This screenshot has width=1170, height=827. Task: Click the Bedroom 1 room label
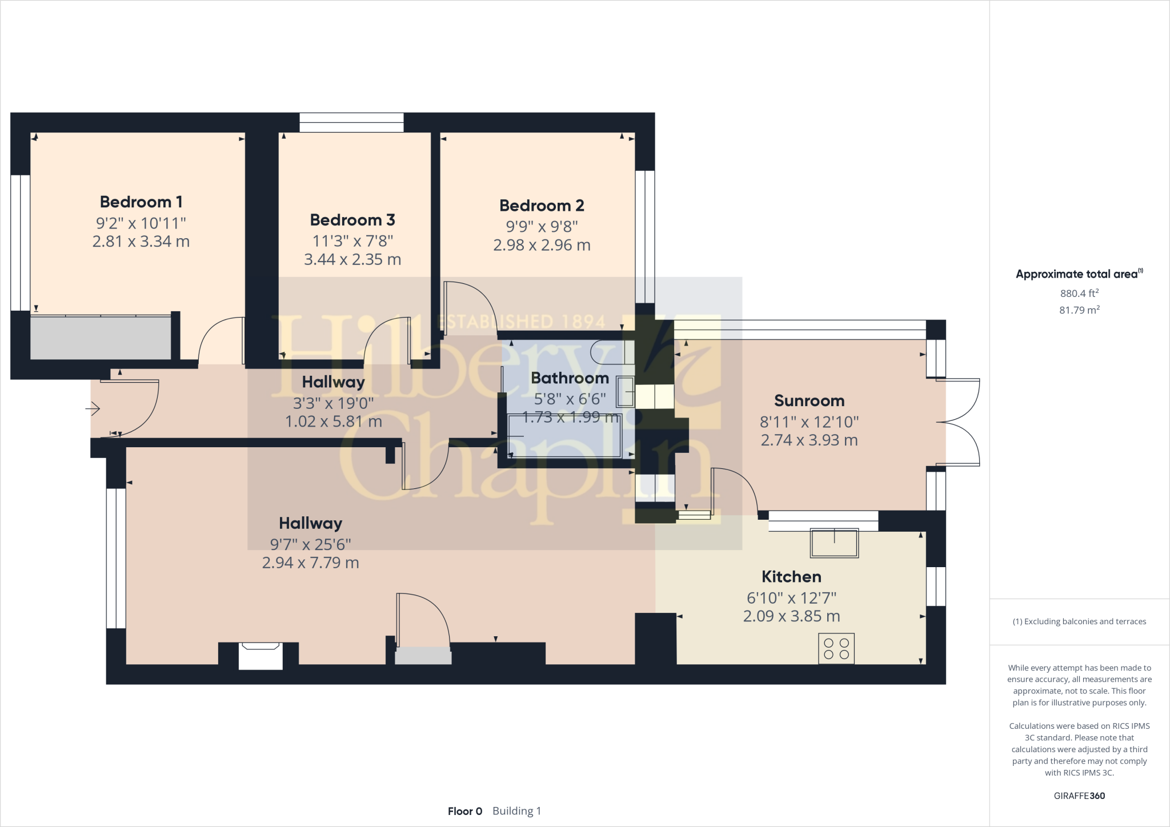[x=141, y=202]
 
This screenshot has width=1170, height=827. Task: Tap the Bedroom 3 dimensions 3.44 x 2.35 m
[x=352, y=259]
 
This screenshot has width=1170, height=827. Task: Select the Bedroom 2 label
[x=542, y=205]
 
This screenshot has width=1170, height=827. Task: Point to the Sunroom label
[x=809, y=400]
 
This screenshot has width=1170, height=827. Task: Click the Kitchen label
[x=791, y=576]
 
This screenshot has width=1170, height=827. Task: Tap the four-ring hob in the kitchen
[x=836, y=648]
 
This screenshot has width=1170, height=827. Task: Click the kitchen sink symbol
[x=834, y=543]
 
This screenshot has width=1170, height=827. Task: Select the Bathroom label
[x=570, y=378]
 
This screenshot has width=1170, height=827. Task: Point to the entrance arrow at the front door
[x=93, y=408]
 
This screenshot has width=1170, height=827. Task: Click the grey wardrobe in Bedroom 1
[x=101, y=338]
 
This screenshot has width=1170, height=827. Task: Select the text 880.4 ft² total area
[x=1079, y=293]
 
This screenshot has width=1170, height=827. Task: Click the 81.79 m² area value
[x=1079, y=310]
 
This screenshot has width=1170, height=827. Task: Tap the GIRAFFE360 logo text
[x=1079, y=796]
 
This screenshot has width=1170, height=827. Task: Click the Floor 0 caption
[x=465, y=811]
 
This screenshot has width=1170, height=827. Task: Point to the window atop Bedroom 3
[x=351, y=122]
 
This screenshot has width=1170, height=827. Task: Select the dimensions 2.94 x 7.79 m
[x=310, y=563]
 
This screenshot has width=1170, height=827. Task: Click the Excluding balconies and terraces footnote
[x=1079, y=621]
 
